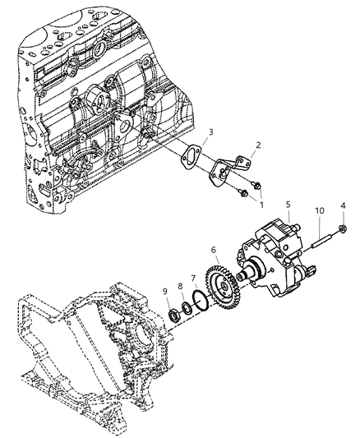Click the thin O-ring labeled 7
tap(197, 301)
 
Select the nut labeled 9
tap(173, 316)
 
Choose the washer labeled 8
tap(187, 308)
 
